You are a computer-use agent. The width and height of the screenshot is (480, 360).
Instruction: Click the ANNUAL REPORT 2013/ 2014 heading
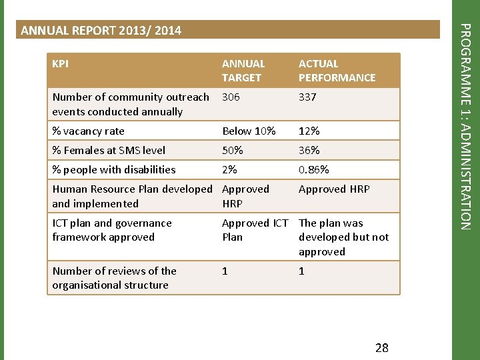(x=101, y=31)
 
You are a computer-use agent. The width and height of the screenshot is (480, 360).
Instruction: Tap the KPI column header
(x=60, y=64)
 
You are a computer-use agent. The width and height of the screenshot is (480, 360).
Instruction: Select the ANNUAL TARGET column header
(x=243, y=71)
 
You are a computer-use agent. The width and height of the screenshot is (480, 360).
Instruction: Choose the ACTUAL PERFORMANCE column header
(x=337, y=71)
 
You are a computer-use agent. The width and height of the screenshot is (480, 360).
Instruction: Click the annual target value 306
(x=231, y=97)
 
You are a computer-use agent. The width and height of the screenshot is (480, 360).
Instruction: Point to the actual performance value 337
(x=307, y=97)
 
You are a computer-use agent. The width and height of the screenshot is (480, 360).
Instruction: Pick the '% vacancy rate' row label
(x=88, y=131)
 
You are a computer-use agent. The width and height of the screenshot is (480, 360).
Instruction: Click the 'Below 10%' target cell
(x=249, y=131)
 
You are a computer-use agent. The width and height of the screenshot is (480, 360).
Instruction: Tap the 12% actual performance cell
(x=309, y=131)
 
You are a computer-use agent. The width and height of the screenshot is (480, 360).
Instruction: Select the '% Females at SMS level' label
(x=109, y=151)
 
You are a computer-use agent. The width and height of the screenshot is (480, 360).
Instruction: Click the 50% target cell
(x=232, y=151)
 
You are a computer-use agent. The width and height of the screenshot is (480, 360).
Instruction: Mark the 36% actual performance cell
(x=309, y=151)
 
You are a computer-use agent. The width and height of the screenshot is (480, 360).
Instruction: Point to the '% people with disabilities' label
(x=114, y=170)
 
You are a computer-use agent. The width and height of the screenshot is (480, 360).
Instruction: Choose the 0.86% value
(x=313, y=170)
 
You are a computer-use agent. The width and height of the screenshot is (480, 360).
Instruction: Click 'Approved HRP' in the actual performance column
(x=334, y=189)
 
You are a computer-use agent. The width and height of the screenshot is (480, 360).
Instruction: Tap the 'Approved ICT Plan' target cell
(x=255, y=230)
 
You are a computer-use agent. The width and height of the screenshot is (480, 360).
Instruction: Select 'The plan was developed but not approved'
(x=343, y=237)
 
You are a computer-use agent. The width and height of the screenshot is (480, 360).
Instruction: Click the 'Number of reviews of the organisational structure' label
(x=114, y=278)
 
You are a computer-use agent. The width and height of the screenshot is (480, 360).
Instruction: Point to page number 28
(x=382, y=347)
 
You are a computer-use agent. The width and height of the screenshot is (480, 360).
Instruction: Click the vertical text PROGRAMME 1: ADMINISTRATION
(x=467, y=127)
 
